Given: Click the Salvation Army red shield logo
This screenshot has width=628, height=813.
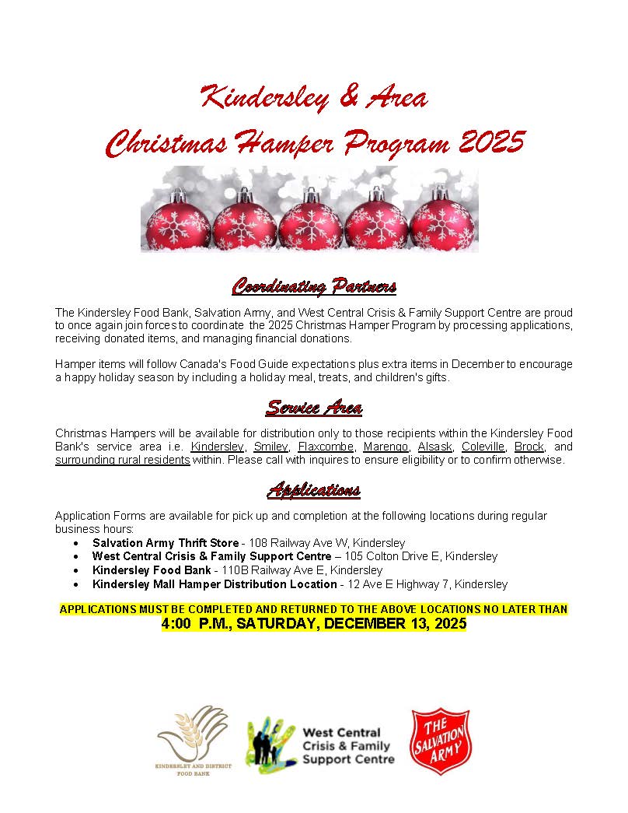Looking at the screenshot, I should tap(441, 740).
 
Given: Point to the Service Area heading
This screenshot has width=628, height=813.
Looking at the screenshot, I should tap(314, 407).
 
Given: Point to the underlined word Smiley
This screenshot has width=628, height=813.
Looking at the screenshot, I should tap(270, 447).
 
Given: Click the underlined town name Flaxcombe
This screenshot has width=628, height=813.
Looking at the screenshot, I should tap(326, 447).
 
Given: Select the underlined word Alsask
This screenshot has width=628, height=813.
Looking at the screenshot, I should tap(434, 447).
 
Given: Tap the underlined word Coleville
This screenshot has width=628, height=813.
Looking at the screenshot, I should tap(482, 447).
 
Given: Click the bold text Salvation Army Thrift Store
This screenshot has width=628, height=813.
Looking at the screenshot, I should tap(165, 542).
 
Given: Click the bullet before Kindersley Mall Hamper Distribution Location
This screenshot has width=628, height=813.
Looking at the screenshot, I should tap(75, 584).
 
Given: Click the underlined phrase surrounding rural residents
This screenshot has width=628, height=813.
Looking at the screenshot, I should tap(122, 460).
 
